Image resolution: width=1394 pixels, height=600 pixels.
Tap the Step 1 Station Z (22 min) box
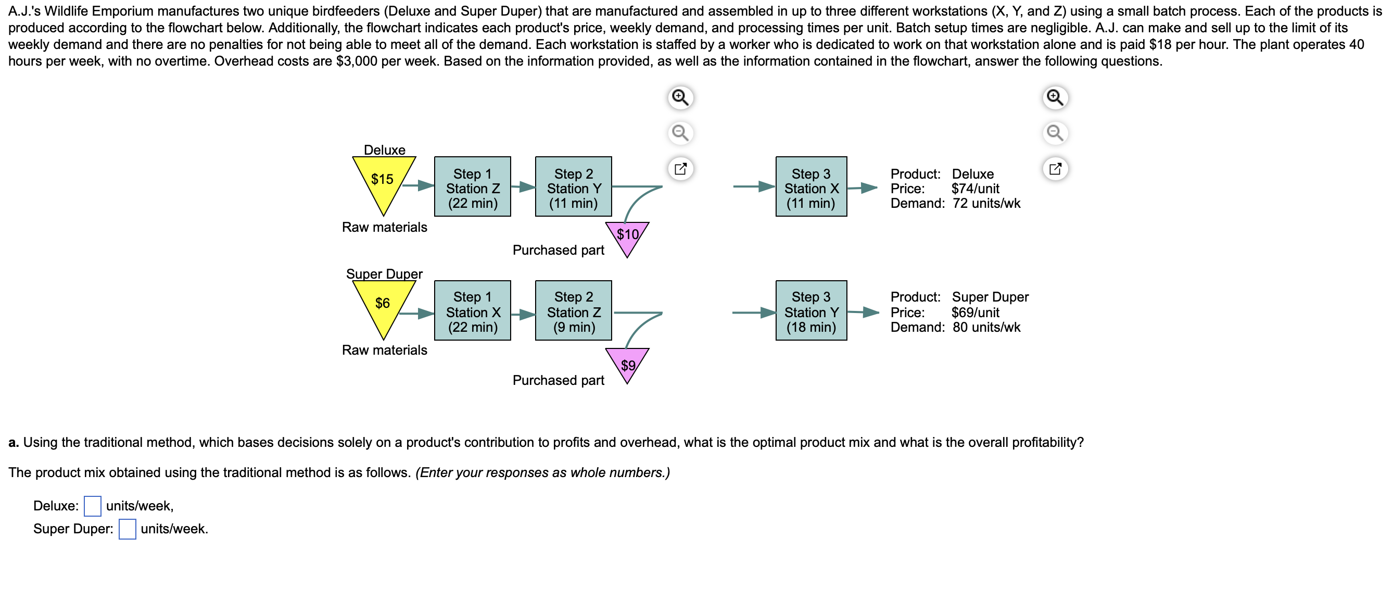[473, 187]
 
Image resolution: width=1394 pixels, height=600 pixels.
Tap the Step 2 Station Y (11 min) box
[574, 187]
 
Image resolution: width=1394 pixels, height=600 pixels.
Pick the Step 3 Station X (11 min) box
[811, 187]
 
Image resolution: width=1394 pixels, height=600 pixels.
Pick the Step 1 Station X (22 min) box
[473, 311]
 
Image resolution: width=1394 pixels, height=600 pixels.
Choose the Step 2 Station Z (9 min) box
[574, 311]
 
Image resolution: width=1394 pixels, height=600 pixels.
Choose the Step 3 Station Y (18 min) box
[811, 311]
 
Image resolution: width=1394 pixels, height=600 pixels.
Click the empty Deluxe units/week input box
[93, 506]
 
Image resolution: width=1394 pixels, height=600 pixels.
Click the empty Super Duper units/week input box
[127, 529]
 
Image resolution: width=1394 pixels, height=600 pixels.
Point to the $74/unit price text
[975, 189]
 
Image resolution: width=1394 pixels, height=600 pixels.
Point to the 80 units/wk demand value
[986, 327]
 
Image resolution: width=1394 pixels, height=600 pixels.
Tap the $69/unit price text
[975, 312]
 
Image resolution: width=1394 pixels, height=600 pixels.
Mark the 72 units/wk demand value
[986, 203]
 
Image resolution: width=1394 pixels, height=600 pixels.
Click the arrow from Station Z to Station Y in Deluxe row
[523, 187]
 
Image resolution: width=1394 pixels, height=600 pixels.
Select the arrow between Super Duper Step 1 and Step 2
[523, 314]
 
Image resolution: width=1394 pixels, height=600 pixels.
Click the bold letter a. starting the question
[14, 442]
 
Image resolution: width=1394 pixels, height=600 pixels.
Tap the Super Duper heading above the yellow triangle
[384, 273]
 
